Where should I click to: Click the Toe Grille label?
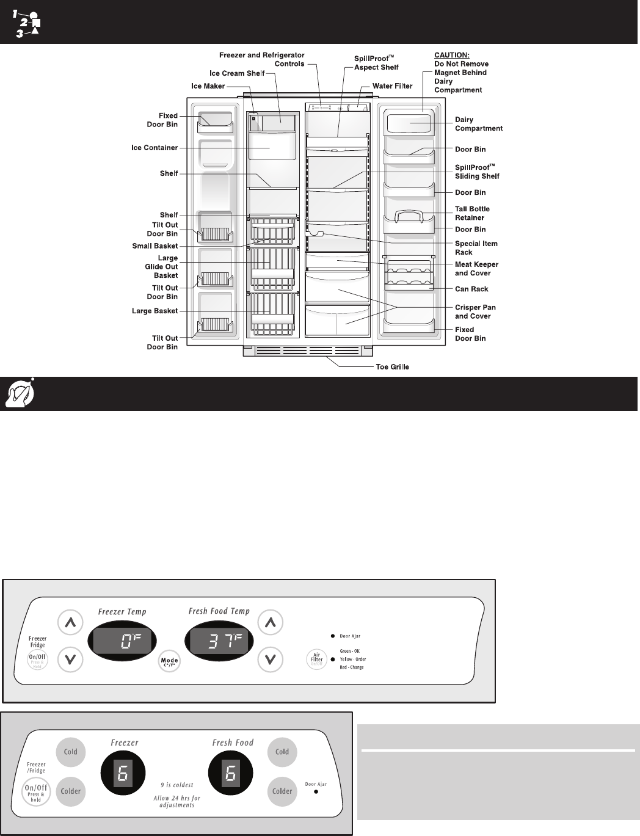(x=392, y=367)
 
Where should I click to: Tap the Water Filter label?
(x=393, y=86)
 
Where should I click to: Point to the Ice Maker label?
(x=208, y=86)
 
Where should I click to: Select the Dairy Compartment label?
(x=478, y=124)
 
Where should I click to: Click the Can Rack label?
(x=471, y=289)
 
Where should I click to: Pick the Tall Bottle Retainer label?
(x=472, y=213)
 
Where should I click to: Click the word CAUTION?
(x=451, y=55)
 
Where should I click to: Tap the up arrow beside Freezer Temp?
(x=70, y=623)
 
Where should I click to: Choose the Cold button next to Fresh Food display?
(x=282, y=752)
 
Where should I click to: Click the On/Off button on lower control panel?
(x=36, y=791)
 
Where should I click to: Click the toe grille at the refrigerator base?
(x=308, y=352)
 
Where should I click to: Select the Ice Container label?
(x=155, y=148)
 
